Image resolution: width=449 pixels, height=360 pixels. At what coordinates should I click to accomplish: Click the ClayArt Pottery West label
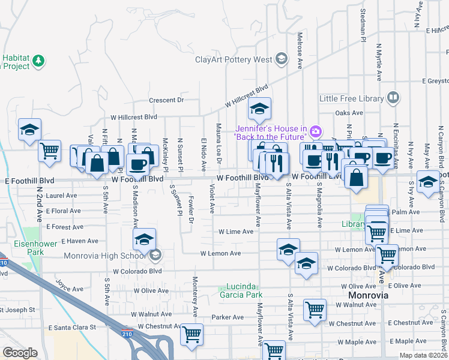pos(233,59)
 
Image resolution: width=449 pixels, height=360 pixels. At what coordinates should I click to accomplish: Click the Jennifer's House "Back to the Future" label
pos(271,133)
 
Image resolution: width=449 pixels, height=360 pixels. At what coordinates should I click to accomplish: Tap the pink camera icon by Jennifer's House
pos(316,130)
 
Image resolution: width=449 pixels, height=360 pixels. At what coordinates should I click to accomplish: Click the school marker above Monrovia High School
pos(145,240)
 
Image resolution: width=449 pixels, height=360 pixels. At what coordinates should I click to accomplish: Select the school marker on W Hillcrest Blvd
pos(260,109)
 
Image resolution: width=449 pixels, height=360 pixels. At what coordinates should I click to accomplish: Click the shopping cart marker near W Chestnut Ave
pos(192,335)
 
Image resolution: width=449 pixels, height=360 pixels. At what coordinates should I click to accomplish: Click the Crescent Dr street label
pos(166,100)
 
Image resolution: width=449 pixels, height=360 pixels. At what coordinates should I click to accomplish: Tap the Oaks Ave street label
pos(349,113)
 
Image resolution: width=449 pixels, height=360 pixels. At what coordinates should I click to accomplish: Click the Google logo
pos(20,353)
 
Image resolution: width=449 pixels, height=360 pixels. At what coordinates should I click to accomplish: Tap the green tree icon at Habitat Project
pos(38,61)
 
